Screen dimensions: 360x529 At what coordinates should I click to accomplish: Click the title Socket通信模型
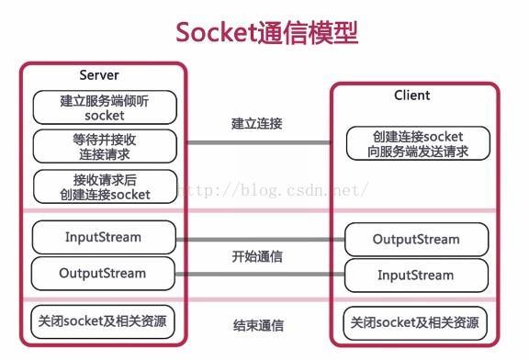point(265,32)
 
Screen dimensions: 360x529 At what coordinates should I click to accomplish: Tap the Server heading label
point(99,74)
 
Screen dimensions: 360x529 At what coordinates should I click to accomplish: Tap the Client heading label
point(411,95)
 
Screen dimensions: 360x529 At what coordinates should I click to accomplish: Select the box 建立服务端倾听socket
point(104,108)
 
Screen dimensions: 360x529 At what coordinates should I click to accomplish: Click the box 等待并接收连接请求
point(104,145)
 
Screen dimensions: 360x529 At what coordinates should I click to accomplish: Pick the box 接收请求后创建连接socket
point(104,186)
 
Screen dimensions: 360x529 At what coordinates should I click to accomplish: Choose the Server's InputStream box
point(104,237)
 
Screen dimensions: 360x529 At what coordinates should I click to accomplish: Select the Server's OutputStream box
point(104,273)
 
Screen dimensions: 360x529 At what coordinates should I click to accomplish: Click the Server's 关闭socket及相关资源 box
point(104,321)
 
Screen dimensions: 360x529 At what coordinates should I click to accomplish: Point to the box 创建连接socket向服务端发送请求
point(417,144)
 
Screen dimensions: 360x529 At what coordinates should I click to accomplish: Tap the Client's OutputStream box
point(415,240)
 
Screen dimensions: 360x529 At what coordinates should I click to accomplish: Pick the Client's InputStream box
point(415,275)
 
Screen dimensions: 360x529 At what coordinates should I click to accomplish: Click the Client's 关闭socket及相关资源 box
point(415,323)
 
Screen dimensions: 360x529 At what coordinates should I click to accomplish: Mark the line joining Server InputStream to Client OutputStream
point(259,239)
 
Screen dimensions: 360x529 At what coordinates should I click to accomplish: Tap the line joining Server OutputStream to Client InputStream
point(259,274)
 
